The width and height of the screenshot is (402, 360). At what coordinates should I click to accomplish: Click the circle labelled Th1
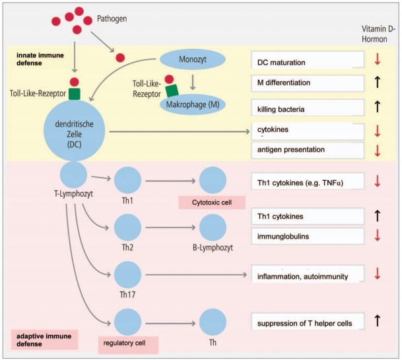click(x=128, y=179)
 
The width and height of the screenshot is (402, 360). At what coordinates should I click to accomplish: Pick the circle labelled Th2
click(x=128, y=226)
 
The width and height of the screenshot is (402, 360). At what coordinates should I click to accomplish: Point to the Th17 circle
click(x=128, y=274)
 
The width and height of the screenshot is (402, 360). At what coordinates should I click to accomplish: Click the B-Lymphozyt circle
click(x=213, y=226)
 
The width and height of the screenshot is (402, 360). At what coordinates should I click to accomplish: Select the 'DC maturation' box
click(x=308, y=61)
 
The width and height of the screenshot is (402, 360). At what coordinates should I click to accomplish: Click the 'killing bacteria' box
click(x=308, y=107)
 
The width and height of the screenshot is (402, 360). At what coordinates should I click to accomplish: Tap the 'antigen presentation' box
click(x=308, y=150)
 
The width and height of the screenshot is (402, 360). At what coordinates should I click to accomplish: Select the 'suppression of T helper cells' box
click(x=308, y=322)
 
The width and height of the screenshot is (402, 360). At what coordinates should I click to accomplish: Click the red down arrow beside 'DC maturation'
click(x=378, y=61)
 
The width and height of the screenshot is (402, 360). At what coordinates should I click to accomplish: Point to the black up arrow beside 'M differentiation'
click(x=378, y=84)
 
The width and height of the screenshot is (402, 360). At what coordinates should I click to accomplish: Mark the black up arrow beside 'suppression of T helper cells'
click(x=378, y=322)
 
